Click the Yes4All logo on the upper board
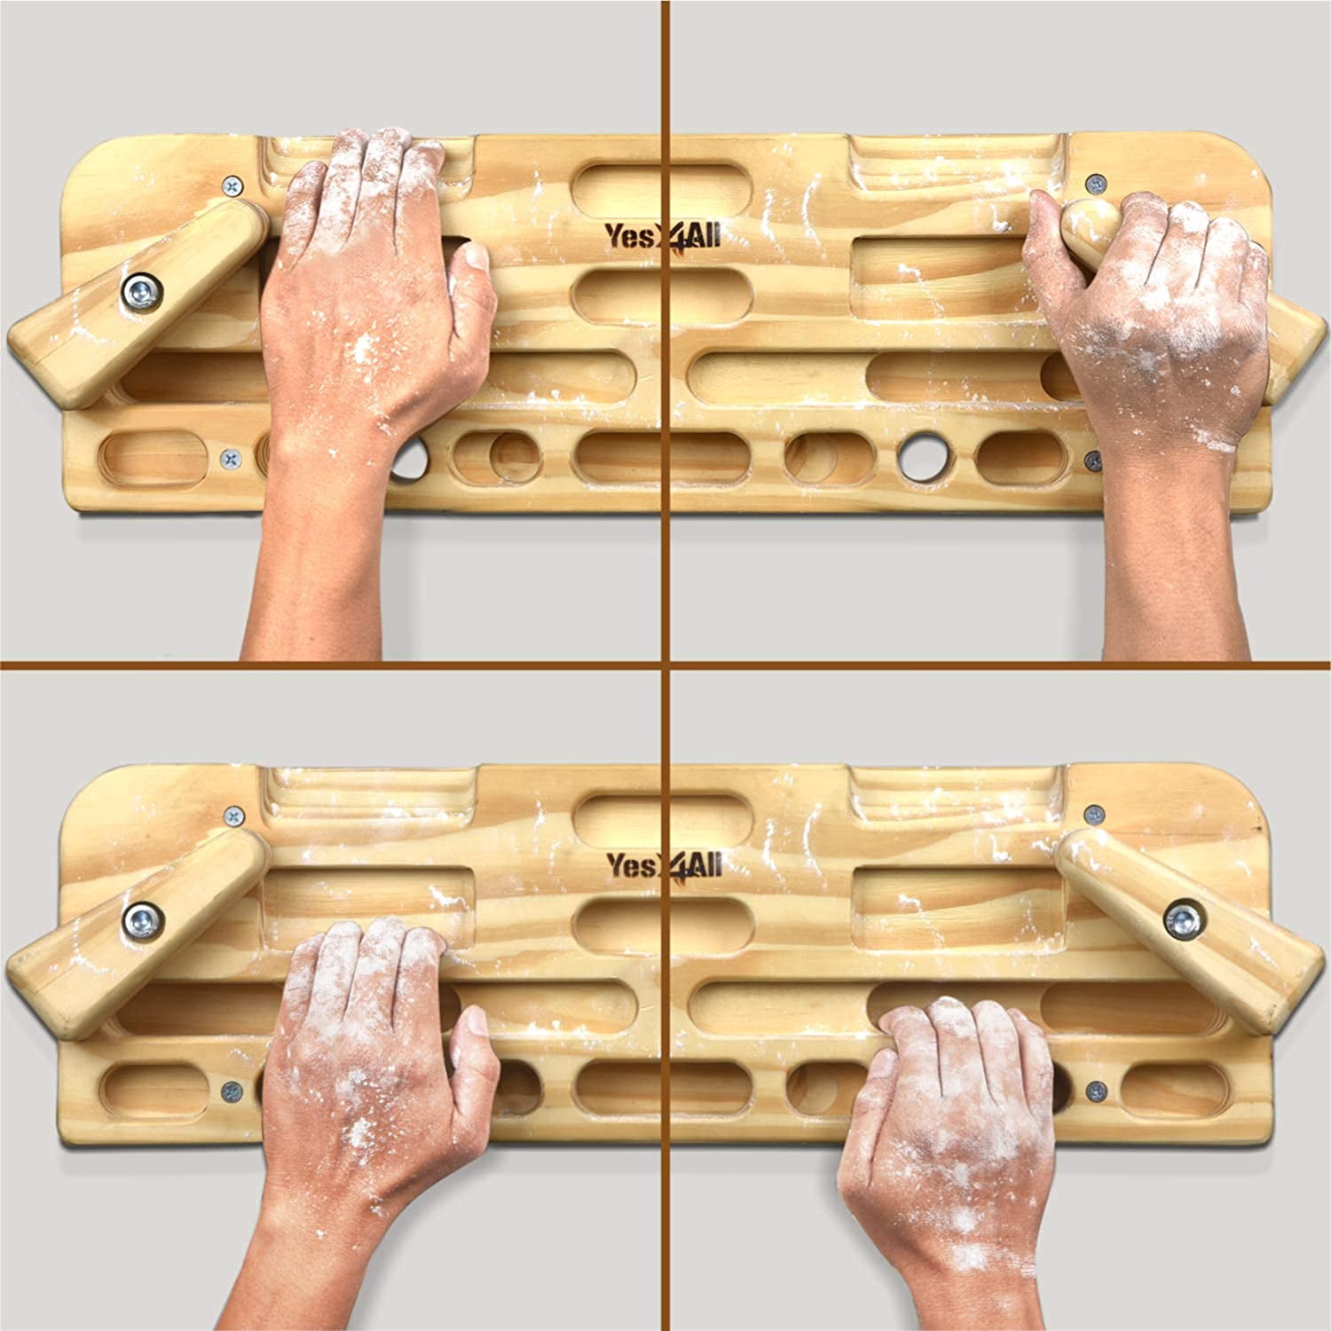click(x=663, y=235)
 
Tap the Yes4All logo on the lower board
click(x=664, y=865)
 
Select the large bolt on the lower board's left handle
click(x=141, y=919)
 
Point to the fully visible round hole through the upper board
click(x=920, y=453)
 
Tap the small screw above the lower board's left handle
click(x=234, y=814)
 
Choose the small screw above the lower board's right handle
click(x=1096, y=813)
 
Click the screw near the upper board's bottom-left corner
click(x=230, y=459)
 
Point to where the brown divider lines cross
click(x=666, y=665)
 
